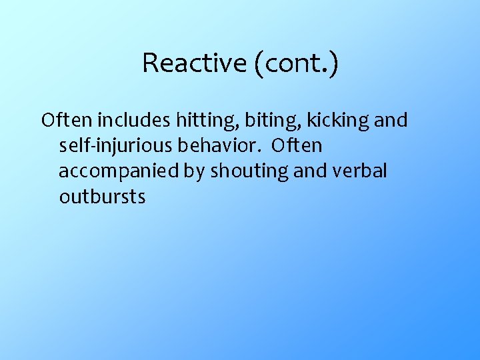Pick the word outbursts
tap(101, 197)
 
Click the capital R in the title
tap(149, 63)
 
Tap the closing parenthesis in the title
tap(333, 64)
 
